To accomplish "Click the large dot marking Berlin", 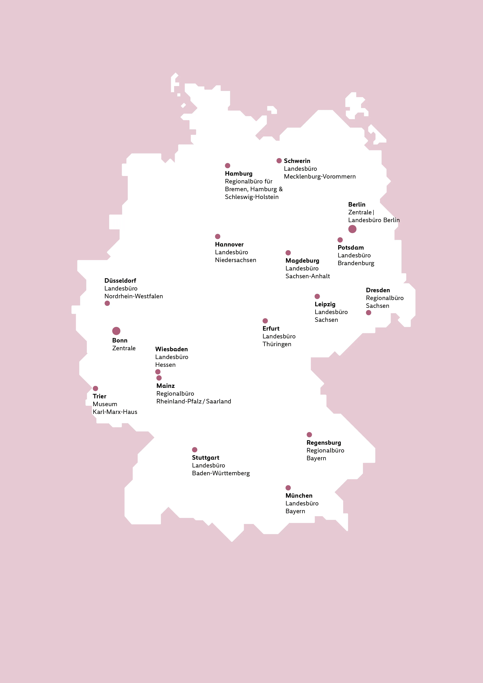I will pyautogui.click(x=352, y=229).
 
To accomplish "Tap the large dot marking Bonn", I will pyautogui.click(x=116, y=331).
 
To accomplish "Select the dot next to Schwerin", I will pyautogui.click(x=279, y=161).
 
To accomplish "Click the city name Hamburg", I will pyautogui.click(x=238, y=173).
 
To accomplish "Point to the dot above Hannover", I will pyautogui.click(x=218, y=237).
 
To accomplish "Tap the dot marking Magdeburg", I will pyautogui.click(x=288, y=253).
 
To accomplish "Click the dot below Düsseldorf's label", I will pyautogui.click(x=107, y=303).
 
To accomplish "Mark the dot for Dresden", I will pyautogui.click(x=368, y=313).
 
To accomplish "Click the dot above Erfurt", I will pyautogui.click(x=265, y=321).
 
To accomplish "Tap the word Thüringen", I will pyautogui.click(x=277, y=344).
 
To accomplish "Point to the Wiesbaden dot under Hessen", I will pyautogui.click(x=158, y=372).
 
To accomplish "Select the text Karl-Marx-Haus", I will pyautogui.click(x=115, y=412).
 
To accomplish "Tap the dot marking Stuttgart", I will pyautogui.click(x=194, y=450).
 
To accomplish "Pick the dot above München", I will pyautogui.click(x=288, y=488).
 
